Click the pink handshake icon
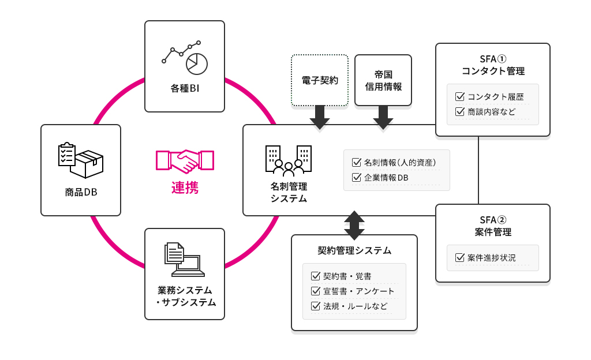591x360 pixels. pos(185,162)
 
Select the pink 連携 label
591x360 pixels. pos(185,187)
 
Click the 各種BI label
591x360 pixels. pos(185,89)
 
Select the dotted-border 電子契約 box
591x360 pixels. pos(320,81)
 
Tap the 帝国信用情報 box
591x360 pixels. pos(383,81)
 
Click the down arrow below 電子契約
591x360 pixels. pos(320,118)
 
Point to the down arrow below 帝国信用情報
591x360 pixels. pos(383,118)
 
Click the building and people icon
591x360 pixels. pos(288,160)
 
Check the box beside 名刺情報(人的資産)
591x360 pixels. pos(356,162)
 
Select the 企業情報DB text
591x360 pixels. pos(386,178)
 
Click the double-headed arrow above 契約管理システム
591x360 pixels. pos(354,225)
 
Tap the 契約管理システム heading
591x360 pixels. pos(354,250)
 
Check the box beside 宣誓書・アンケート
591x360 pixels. pos(315,291)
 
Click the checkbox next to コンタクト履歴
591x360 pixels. pos(460,96)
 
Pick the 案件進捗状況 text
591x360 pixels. pos(492,257)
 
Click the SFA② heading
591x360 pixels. pos(493,220)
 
